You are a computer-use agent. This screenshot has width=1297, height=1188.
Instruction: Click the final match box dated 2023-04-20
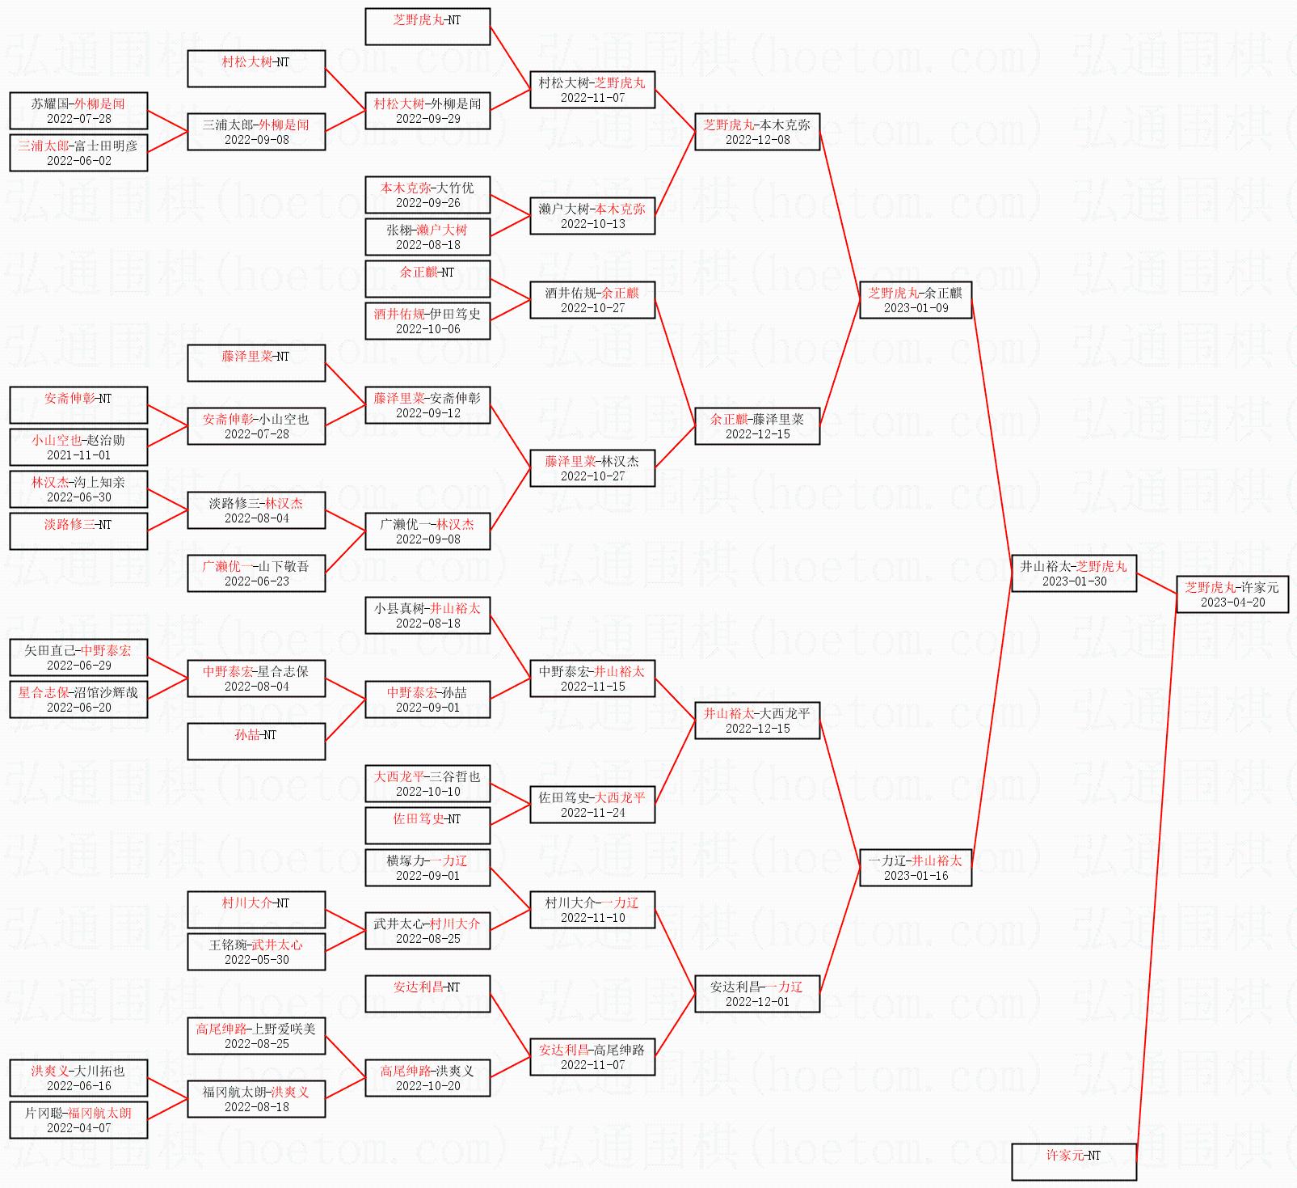[1232, 594]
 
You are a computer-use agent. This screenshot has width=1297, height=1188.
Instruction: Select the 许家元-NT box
[1073, 1161]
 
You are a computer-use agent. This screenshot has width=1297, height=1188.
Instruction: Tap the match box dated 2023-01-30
[1074, 573]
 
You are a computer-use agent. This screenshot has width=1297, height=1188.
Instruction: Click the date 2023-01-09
[916, 308]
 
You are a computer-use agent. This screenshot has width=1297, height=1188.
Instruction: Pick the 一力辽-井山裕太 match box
[916, 868]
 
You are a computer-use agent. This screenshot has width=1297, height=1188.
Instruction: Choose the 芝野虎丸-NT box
[427, 27]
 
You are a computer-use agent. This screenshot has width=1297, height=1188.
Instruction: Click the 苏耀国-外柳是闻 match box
[78, 111]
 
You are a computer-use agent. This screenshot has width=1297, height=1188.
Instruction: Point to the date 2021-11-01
[78, 455]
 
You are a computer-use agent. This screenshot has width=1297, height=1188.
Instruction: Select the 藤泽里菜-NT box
[256, 363]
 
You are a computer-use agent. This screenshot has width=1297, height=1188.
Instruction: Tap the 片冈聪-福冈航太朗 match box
[78, 1120]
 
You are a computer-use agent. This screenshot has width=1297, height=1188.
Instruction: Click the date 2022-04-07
[78, 1128]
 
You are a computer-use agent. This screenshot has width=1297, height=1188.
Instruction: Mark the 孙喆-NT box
[256, 742]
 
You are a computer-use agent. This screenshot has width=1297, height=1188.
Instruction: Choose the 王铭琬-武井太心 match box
[256, 952]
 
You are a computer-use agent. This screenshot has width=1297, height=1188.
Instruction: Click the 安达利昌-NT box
[427, 994]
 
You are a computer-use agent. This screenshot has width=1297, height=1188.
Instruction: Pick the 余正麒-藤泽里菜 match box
[757, 426]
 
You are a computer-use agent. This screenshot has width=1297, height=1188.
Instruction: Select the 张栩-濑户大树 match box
[427, 237]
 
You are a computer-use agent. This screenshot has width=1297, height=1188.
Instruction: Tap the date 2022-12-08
[757, 140]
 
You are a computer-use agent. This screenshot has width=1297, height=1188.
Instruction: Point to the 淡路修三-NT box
[78, 531]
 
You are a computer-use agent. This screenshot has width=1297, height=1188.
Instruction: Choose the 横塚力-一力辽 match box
[427, 868]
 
